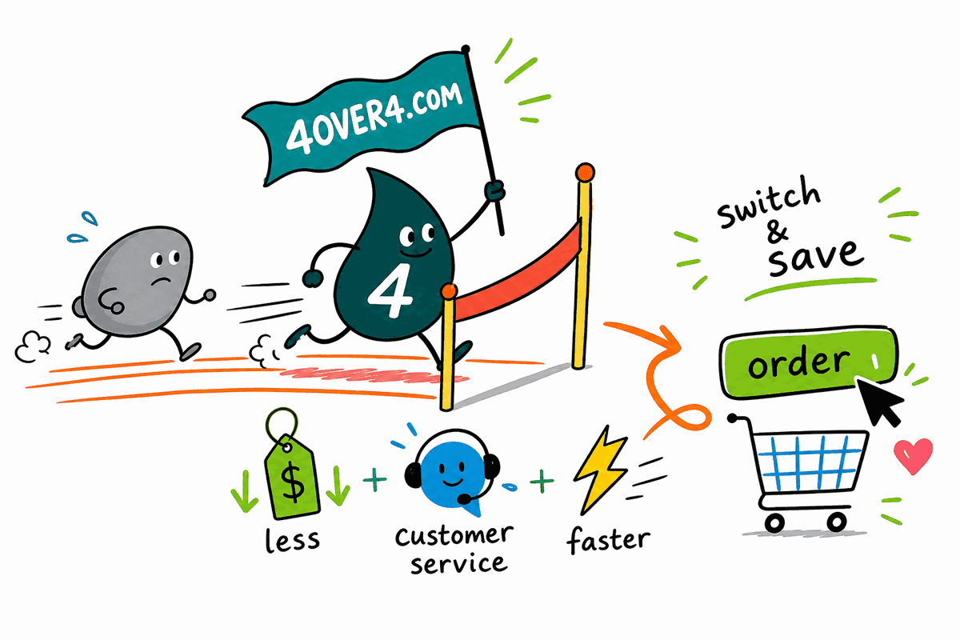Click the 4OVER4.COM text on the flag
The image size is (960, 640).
[374, 118]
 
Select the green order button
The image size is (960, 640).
[807, 362]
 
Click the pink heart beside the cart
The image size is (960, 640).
[913, 455]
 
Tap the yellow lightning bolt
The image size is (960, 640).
[601, 470]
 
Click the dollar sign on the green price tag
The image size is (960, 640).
[293, 483]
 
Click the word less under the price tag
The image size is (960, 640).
[292, 540]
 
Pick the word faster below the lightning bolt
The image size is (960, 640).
[608, 540]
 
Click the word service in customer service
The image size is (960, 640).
[458, 564]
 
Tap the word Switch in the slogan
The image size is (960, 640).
[769, 202]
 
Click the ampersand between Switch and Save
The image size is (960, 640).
[778, 231]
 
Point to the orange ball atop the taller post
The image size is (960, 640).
[585, 172]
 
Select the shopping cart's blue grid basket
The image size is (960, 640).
[811, 463]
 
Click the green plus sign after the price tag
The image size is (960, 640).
[374, 480]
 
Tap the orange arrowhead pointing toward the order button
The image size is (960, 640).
[670, 342]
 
